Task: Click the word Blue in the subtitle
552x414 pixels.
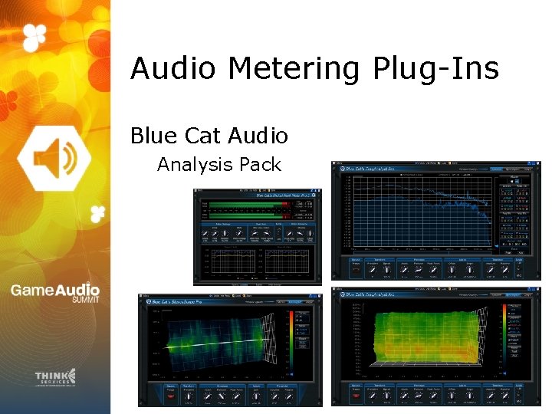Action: (153, 136)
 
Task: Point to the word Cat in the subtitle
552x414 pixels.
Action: (201, 136)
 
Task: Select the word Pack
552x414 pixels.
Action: (261, 164)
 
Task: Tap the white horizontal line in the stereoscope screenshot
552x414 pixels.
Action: (215, 345)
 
